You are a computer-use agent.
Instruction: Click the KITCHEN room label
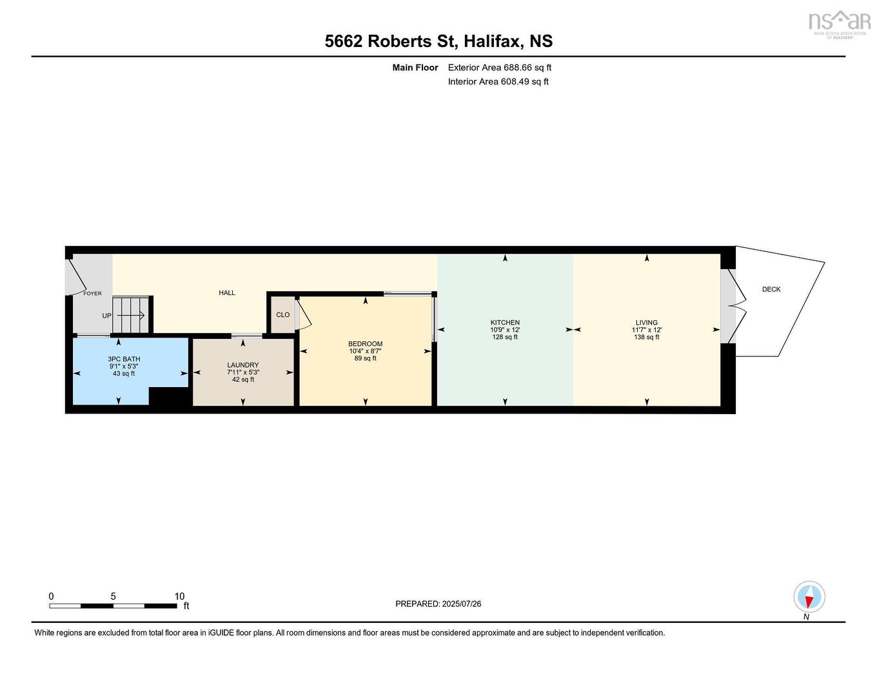point(505,323)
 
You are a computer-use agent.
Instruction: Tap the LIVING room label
point(646,323)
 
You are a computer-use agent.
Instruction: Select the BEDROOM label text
point(365,344)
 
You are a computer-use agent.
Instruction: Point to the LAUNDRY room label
point(242,365)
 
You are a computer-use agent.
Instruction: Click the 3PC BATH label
point(124,359)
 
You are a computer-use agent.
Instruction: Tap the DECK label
point(771,289)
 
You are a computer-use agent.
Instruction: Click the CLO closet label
point(282,315)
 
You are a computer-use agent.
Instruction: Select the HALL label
point(227,292)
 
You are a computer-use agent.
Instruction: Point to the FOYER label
point(92,294)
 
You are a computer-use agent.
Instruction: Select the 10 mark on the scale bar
point(179,596)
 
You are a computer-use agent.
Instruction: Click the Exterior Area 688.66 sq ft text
point(500,68)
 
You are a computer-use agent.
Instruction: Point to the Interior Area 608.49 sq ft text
point(498,82)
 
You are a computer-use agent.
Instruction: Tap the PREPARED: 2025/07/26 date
point(438,604)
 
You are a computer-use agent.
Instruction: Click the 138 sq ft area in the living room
point(646,337)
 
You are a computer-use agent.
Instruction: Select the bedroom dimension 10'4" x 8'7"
point(365,351)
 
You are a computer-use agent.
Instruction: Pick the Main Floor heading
point(415,68)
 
